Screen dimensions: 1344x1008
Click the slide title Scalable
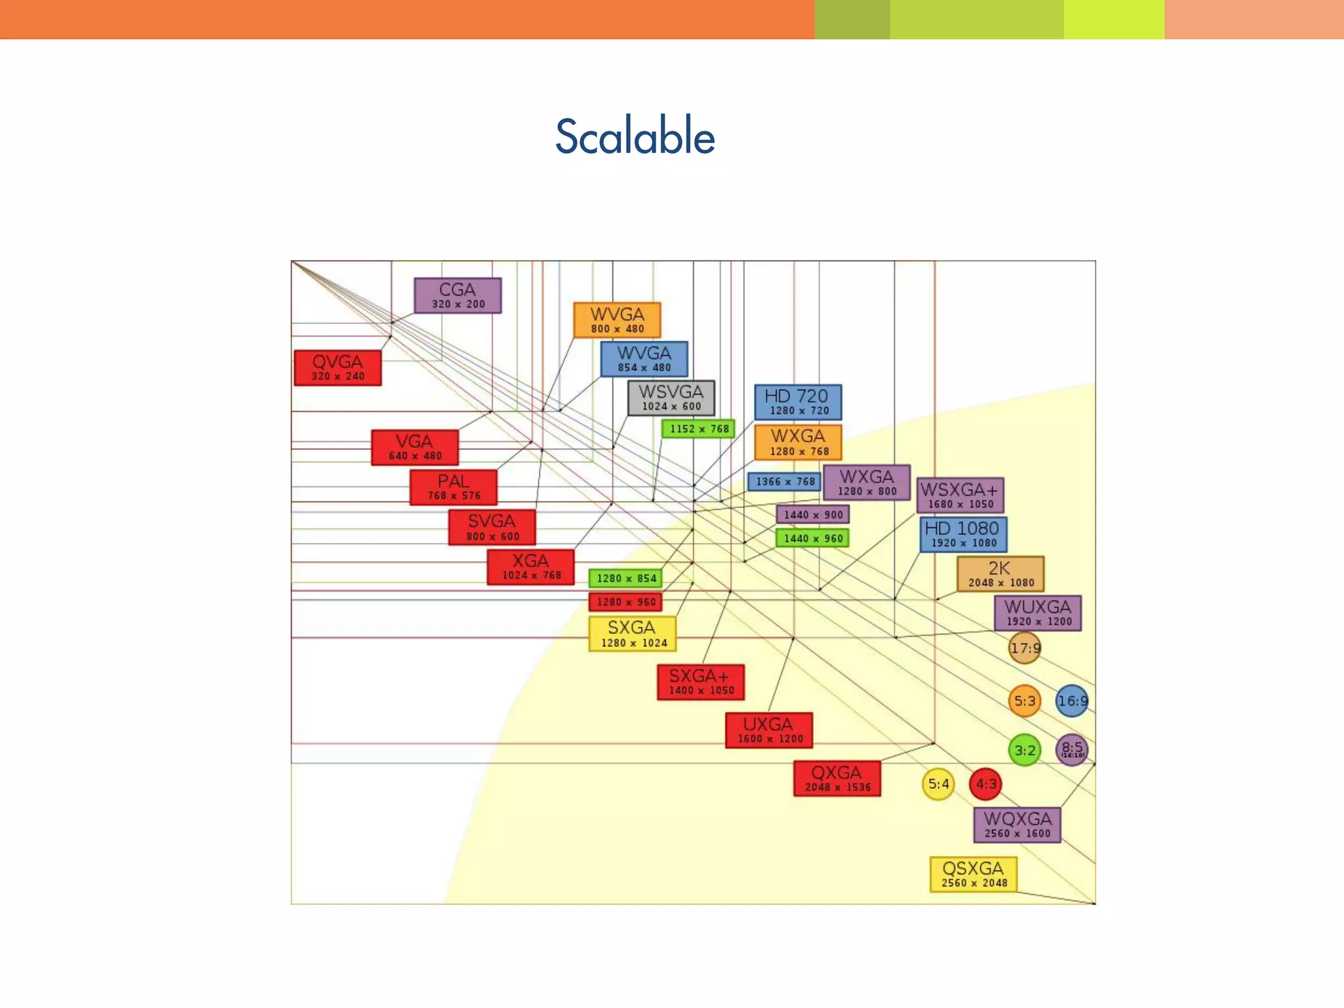635,136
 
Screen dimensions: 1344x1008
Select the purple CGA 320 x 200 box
457,295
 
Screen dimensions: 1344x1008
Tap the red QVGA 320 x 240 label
337,367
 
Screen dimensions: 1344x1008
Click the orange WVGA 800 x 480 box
617,320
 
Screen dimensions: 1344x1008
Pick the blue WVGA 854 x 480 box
644,359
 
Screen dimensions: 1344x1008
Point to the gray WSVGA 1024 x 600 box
671,398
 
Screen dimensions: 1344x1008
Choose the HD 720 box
797,402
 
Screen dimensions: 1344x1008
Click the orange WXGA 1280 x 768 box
798,442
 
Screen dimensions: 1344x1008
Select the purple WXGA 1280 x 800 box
866,482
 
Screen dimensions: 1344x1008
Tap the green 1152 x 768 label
698,429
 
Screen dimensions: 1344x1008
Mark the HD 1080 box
963,534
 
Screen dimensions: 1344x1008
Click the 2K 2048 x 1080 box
1000,574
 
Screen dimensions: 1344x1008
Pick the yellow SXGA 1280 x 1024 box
632,634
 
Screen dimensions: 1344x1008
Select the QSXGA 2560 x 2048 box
973,874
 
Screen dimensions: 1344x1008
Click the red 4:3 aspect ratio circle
986,784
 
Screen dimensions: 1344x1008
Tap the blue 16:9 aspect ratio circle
1072,701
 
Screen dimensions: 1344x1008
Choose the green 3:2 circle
1024,750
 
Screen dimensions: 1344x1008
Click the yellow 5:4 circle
938,784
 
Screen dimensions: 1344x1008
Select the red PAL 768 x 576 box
453,487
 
